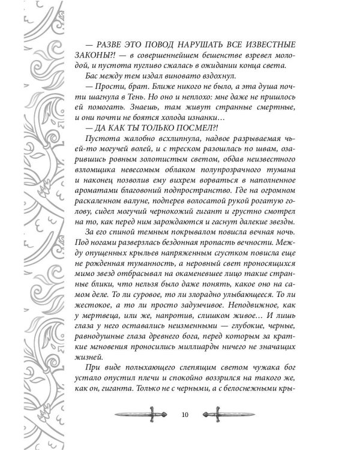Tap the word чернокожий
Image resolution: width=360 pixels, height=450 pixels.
point(207,222)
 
